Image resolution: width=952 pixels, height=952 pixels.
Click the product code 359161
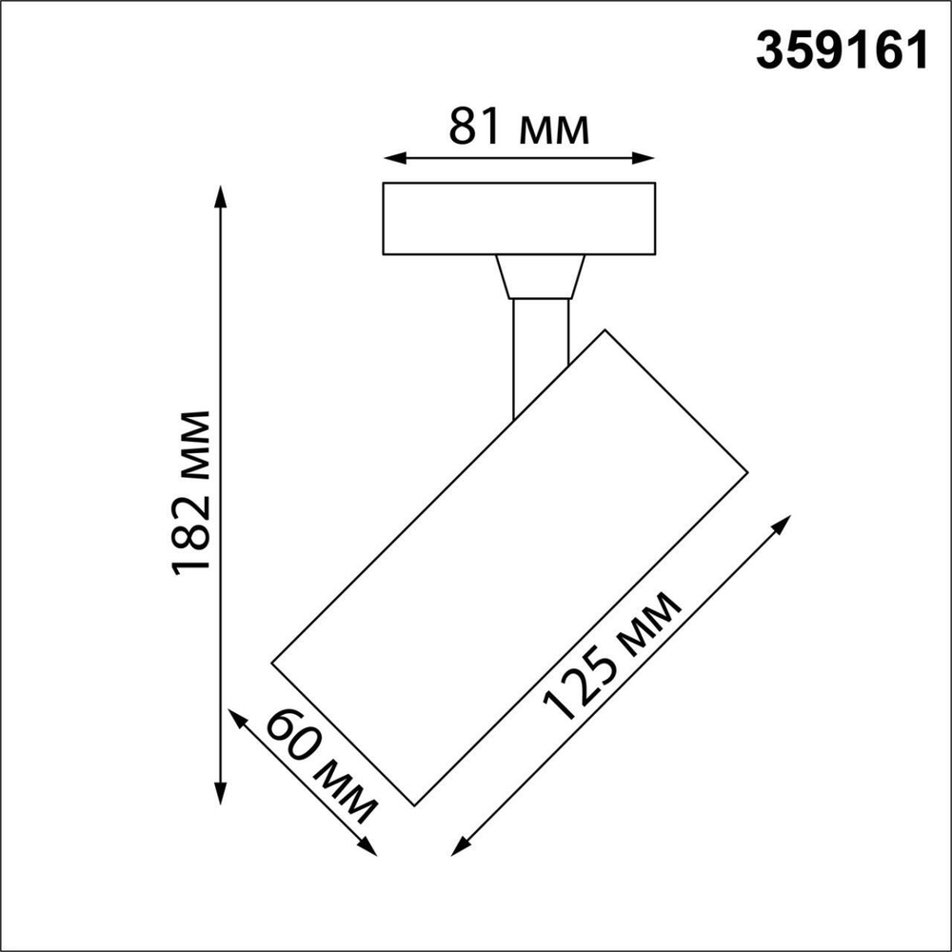842,50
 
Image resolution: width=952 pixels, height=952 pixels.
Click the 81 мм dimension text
519,128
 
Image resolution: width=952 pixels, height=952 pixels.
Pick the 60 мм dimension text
321,765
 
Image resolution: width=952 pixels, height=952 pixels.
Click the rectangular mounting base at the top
519,219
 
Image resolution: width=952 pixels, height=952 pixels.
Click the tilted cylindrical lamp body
509,566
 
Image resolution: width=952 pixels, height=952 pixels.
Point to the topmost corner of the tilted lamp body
605,330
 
